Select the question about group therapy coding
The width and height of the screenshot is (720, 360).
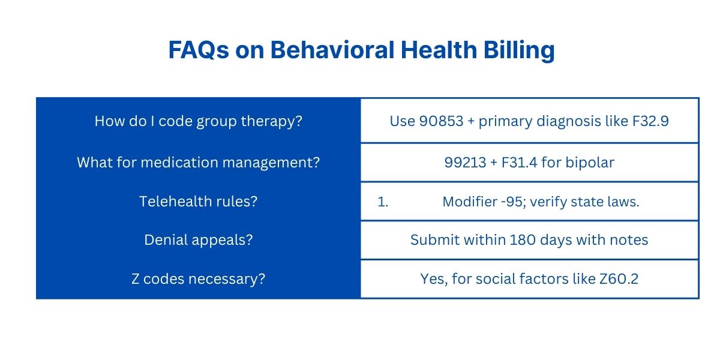pos(198,121)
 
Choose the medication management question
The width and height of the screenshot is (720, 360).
pos(198,162)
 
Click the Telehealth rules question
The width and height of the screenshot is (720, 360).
pos(198,201)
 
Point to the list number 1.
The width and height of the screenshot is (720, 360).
pos(383,202)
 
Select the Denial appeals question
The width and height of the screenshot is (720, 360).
pos(198,240)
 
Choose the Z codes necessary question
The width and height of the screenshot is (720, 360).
pos(198,279)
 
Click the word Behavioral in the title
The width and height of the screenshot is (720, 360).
pos(332,50)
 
